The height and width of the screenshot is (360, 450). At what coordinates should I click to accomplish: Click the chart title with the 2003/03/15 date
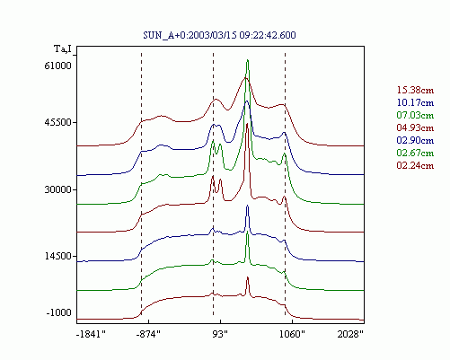[x=219, y=35]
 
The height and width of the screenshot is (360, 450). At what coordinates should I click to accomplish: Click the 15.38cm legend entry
[x=415, y=90]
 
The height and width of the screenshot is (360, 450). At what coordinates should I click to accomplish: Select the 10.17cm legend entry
[x=415, y=102]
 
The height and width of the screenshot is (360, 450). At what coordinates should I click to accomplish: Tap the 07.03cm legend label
[x=415, y=115]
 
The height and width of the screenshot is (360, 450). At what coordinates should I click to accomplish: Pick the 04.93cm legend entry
[x=415, y=127]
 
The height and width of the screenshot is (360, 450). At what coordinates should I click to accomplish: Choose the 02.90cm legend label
[x=415, y=140]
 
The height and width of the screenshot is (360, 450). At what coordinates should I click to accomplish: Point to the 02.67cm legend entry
[x=415, y=153]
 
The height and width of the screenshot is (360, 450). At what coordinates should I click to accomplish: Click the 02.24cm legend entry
[x=415, y=165]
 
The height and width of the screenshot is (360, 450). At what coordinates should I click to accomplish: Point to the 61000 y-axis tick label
[x=58, y=66]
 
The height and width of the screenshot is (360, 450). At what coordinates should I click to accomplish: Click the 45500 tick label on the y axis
[x=58, y=122]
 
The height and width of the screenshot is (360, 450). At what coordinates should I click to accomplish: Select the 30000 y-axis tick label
[x=58, y=189]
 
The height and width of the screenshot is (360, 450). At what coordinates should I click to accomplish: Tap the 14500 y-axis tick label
[x=58, y=256]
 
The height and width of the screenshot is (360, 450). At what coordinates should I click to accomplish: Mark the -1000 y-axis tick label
[x=58, y=312]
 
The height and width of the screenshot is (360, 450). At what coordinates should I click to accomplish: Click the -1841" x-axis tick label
[x=91, y=334]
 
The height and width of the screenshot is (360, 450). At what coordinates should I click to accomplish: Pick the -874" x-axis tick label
[x=148, y=334]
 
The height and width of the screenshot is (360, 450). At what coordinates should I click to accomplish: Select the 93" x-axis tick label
[x=220, y=334]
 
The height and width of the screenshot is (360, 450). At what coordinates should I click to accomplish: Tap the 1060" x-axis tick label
[x=292, y=334]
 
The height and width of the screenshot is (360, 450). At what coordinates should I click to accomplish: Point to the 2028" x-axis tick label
[x=350, y=334]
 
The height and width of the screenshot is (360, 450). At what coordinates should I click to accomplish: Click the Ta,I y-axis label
[x=63, y=48]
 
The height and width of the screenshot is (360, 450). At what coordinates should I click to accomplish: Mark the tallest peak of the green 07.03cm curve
[x=247, y=60]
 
